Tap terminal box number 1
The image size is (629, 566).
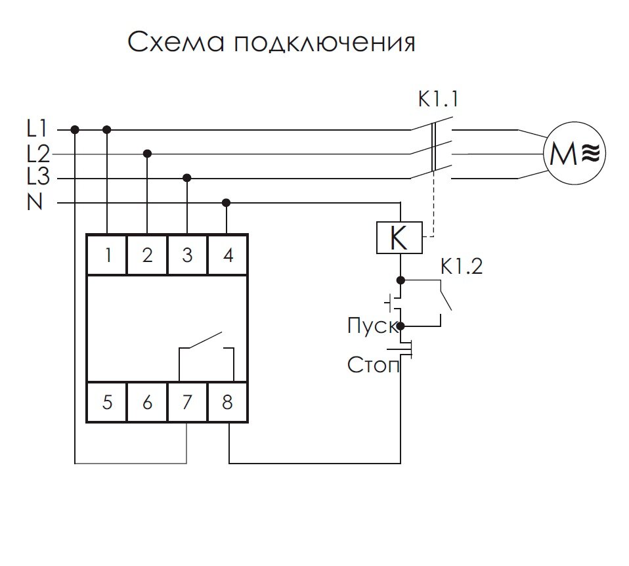coord(107,255)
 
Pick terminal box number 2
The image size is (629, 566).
coord(147,255)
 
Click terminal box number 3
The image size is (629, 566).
coord(187,255)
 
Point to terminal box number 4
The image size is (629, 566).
coord(227,255)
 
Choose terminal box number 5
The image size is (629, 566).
coord(107,401)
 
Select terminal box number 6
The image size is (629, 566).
coord(147,401)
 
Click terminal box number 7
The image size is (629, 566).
coord(187,401)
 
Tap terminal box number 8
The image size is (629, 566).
coord(227,401)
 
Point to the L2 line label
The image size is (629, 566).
coord(38,154)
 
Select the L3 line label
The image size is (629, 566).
coord(38,177)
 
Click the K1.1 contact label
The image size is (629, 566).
coord(439,100)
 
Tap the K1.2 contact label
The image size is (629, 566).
coord(462,267)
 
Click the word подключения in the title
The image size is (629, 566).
coord(322,43)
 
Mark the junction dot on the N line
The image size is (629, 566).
coord(227,202)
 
